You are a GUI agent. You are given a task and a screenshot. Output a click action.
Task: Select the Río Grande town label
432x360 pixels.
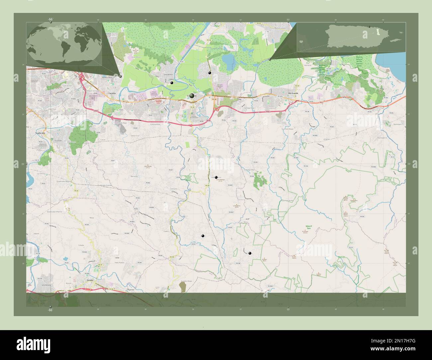[293, 94]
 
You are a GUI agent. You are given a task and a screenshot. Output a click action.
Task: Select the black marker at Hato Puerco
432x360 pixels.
[216, 177]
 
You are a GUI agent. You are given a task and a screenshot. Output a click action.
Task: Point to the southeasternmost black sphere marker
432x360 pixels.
[250, 253]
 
